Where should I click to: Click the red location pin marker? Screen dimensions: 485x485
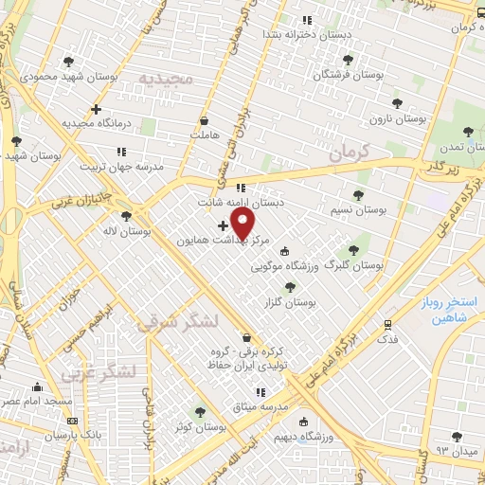click(x=243, y=225)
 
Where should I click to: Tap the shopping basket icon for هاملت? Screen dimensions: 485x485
click(x=205, y=121)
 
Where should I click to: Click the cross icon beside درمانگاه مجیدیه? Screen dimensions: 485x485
click(x=96, y=109)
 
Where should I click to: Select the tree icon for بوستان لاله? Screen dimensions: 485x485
click(x=126, y=216)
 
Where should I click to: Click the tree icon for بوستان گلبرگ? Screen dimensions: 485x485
click(x=353, y=250)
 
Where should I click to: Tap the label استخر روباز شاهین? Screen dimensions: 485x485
click(x=450, y=311)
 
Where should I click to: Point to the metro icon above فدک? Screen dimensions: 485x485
click(x=386, y=323)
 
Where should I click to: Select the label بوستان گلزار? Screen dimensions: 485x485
click(x=292, y=301)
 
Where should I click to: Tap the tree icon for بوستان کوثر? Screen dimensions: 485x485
click(x=199, y=412)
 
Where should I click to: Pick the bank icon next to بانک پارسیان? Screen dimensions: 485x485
click(x=73, y=421)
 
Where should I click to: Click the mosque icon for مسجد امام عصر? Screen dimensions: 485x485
click(x=37, y=386)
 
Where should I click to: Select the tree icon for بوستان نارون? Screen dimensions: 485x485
click(x=396, y=103)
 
